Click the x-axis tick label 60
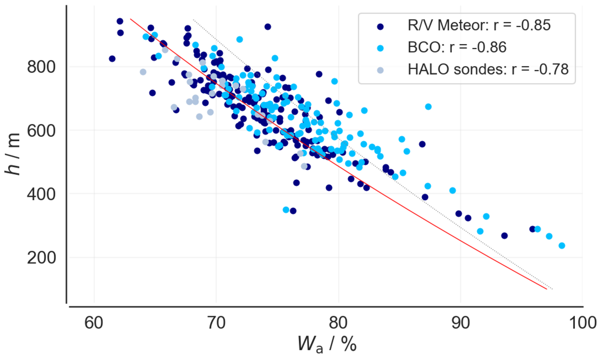(x=94, y=323)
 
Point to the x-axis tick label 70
(x=216, y=323)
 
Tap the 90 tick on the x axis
(x=461, y=323)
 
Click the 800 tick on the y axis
(x=41, y=67)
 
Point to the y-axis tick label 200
(x=41, y=258)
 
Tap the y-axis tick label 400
(x=41, y=194)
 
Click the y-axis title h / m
(x=13, y=154)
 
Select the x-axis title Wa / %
(x=327, y=344)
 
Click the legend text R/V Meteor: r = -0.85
(x=479, y=25)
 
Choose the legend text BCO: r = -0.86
(x=457, y=47)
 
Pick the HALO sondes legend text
(x=488, y=69)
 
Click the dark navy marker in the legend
(x=380, y=27)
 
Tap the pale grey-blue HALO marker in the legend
(x=380, y=70)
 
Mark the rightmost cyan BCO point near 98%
(x=562, y=246)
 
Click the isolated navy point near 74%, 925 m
(x=268, y=27)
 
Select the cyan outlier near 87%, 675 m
(x=428, y=107)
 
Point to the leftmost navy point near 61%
(x=112, y=59)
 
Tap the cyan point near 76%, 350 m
(x=286, y=210)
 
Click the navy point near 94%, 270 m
(x=504, y=236)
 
